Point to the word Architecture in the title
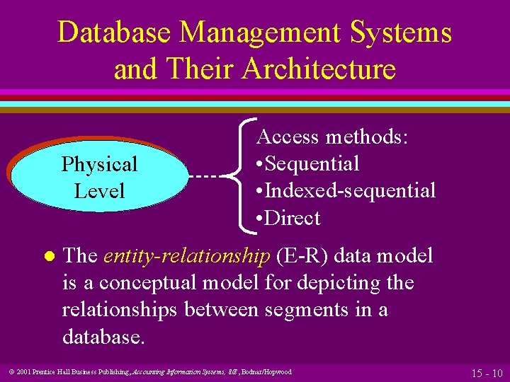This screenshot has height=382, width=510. click(318, 69)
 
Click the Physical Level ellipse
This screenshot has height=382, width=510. click(99, 177)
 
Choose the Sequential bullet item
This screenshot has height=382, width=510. click(312, 163)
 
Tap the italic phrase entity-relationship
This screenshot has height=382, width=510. click(187, 255)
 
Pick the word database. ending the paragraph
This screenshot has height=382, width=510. click(103, 336)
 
